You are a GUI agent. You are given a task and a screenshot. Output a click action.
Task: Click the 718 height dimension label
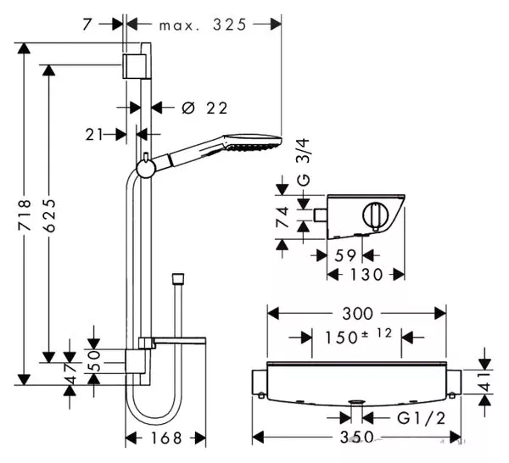tap(25, 215)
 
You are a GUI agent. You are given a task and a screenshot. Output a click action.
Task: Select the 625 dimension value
tap(49, 215)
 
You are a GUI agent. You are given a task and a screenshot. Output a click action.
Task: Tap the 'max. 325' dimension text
tap(203, 25)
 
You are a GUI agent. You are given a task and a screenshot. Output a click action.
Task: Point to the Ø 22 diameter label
tap(204, 108)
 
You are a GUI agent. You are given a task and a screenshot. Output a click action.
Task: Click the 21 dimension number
tap(94, 135)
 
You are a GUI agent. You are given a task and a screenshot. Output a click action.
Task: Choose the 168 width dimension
tap(166, 438)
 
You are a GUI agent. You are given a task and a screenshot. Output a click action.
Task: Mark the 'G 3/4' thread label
tap(305, 162)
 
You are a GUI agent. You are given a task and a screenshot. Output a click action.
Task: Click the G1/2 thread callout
tap(422, 419)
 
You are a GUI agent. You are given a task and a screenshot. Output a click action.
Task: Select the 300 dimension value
tap(358, 314)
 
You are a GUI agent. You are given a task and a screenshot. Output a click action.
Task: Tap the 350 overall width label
tap(357, 438)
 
